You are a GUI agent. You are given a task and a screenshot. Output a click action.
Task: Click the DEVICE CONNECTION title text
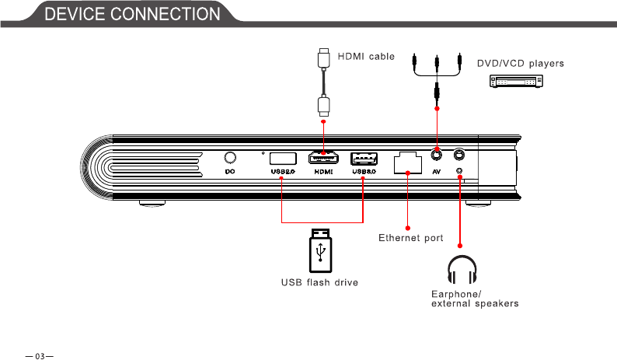pyautogui.click(x=131, y=14)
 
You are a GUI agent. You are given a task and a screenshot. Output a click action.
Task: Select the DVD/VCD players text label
pyautogui.click(x=520, y=62)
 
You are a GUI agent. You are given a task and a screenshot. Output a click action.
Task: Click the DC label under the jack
pyautogui.click(x=230, y=172)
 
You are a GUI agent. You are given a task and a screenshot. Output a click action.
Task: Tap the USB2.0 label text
pyautogui.click(x=282, y=172)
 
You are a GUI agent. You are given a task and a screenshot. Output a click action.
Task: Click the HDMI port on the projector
pyautogui.click(x=324, y=157)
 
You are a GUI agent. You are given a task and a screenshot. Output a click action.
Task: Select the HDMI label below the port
pyautogui.click(x=324, y=172)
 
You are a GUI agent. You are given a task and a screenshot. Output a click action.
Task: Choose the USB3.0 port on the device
pyautogui.click(x=364, y=157)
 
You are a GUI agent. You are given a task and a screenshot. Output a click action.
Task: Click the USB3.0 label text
pyautogui.click(x=364, y=172)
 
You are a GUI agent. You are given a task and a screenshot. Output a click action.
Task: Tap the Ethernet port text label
pyautogui.click(x=410, y=238)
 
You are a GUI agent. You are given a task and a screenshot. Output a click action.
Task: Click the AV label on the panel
pyautogui.click(x=437, y=172)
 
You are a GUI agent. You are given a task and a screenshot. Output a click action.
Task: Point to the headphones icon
pyautogui.click(x=462, y=269)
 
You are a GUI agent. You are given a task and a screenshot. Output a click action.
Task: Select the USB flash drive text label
pyautogui.click(x=319, y=282)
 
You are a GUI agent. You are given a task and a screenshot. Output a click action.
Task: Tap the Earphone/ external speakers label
pyautogui.click(x=474, y=299)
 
